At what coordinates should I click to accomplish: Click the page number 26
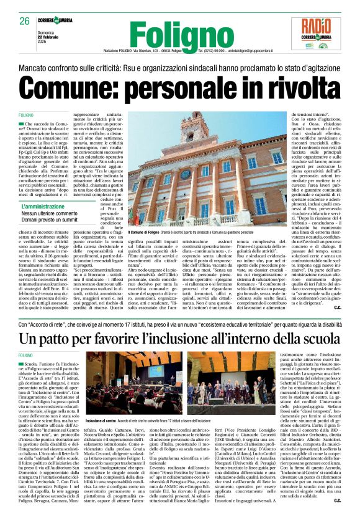25,21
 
